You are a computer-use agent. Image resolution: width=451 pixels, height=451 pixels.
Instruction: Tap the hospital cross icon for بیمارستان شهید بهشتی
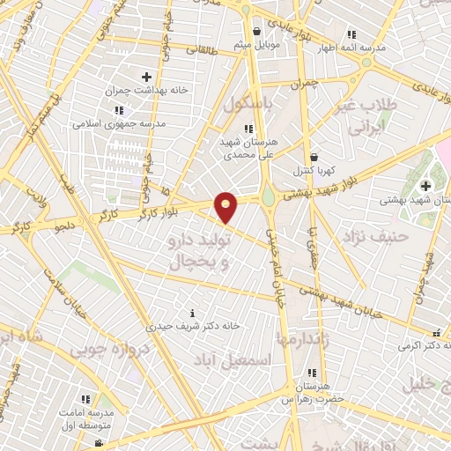pos(425,186)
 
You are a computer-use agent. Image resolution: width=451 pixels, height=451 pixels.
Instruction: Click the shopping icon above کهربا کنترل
pos(314,157)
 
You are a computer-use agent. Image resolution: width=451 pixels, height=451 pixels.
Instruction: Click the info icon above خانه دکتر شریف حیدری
pos(194,313)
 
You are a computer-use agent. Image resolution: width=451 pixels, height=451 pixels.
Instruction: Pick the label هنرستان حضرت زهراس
pos(312,393)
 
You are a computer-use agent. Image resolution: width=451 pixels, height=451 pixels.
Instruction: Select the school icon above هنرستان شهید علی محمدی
pos(248,129)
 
